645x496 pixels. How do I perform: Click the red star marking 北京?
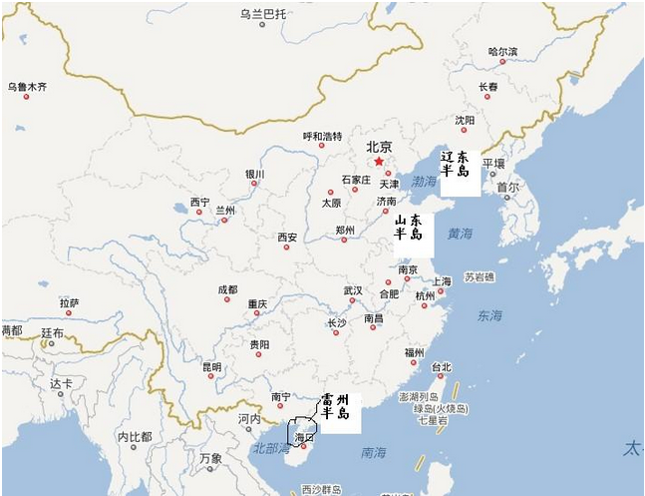379,162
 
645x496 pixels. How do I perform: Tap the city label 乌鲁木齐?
28,87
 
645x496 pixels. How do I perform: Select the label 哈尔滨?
503,51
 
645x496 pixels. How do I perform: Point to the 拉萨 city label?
69,302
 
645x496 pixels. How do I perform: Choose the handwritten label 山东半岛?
408,227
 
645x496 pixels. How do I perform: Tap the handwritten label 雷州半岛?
335,406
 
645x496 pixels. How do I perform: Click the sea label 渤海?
424,182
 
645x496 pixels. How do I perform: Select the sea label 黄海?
460,234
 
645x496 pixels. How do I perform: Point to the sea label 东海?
489,315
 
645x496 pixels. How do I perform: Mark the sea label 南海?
374,452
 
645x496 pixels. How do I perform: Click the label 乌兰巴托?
263,14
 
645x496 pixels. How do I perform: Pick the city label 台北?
441,366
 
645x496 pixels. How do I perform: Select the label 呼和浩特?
322,137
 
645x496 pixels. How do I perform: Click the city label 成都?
227,289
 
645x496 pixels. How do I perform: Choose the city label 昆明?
211,366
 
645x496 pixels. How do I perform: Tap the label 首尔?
507,187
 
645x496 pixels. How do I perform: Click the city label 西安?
287,238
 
